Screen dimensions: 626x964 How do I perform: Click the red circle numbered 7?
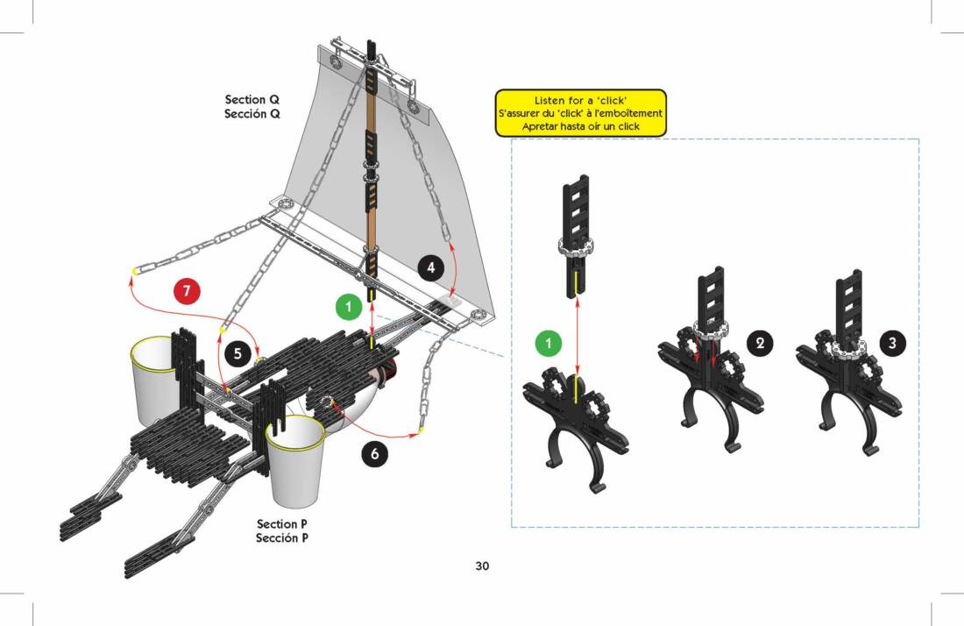click(187, 291)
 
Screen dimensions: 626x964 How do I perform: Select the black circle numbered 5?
click(236, 353)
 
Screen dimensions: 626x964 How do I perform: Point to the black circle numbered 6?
click(374, 453)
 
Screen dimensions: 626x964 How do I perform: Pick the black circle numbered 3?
click(892, 344)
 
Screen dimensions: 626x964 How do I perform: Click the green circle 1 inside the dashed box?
click(549, 344)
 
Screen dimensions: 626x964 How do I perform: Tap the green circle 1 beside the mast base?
click(349, 306)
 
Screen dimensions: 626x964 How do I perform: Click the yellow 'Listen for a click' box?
click(580, 113)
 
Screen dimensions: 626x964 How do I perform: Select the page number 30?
click(482, 566)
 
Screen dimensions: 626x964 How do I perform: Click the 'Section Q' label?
click(252, 100)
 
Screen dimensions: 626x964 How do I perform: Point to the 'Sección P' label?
click(282, 538)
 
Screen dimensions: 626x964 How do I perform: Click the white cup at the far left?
click(157, 378)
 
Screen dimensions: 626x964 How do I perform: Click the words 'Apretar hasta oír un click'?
click(580, 126)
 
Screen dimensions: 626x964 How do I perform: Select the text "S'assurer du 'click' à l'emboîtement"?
click(580, 114)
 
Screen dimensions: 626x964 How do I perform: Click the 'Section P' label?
click(282, 524)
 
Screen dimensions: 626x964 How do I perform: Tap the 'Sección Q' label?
click(252, 114)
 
